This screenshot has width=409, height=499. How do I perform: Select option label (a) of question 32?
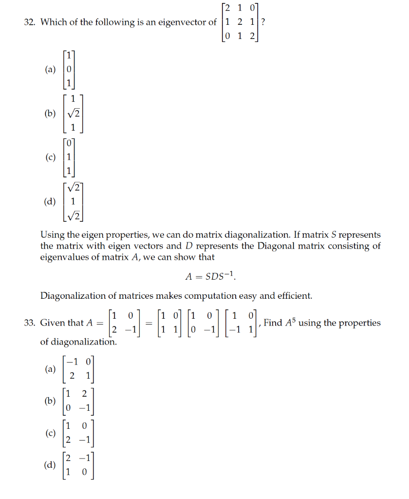[x=50, y=70]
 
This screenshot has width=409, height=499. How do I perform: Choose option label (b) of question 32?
[x=50, y=114]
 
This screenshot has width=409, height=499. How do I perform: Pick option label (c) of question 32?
[x=50, y=157]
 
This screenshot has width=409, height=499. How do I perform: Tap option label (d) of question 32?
[x=50, y=201]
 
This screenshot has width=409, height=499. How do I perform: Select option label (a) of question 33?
[x=50, y=369]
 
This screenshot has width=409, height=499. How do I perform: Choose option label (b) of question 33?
[x=50, y=401]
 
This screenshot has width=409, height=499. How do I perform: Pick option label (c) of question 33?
[x=50, y=433]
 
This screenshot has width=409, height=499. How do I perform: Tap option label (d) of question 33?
[x=50, y=465]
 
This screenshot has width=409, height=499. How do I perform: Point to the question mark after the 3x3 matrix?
[x=263, y=22]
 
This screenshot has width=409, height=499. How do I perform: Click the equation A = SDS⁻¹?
[x=210, y=276]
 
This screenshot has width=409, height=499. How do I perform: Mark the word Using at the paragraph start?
[x=51, y=235]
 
